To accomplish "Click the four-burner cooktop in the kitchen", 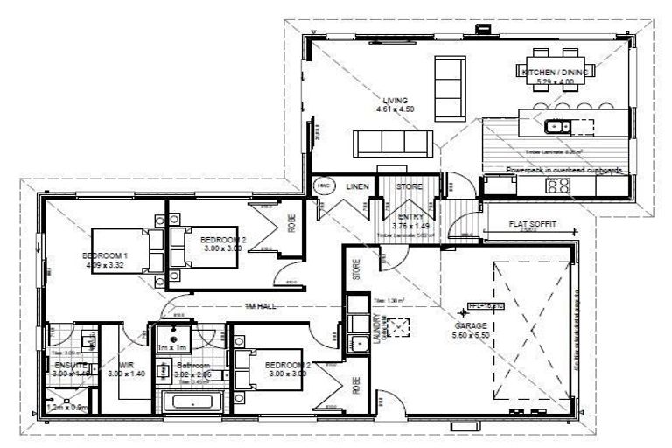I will pyautogui.click(x=557, y=185).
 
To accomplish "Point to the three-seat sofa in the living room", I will pyautogui.click(x=391, y=141).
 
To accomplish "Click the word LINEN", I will pyautogui.click(x=355, y=186).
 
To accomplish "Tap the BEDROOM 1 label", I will pyautogui.click(x=105, y=255).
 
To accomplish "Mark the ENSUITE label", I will pyautogui.click(x=70, y=365).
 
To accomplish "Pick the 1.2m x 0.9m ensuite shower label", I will pyautogui.click(x=67, y=407).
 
